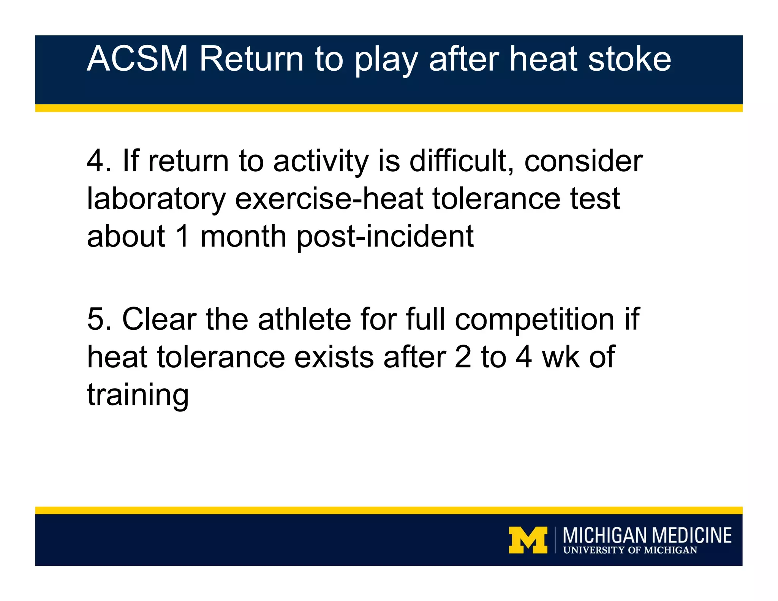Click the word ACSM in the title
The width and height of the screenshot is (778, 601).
click(x=137, y=59)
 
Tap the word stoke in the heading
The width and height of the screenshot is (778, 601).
click(x=629, y=59)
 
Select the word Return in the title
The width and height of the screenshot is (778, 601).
click(x=251, y=59)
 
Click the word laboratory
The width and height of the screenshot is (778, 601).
click(x=156, y=199)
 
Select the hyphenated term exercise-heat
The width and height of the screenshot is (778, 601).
click(x=329, y=198)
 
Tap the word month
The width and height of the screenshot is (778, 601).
click(x=244, y=236)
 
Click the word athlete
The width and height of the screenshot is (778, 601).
click(x=304, y=319)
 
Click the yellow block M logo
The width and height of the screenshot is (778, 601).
click(x=528, y=540)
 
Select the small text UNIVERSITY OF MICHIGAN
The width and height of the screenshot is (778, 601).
click(x=630, y=550)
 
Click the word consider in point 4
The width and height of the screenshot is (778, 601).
click(x=583, y=161)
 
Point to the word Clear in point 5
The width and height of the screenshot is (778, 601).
click(x=159, y=319)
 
